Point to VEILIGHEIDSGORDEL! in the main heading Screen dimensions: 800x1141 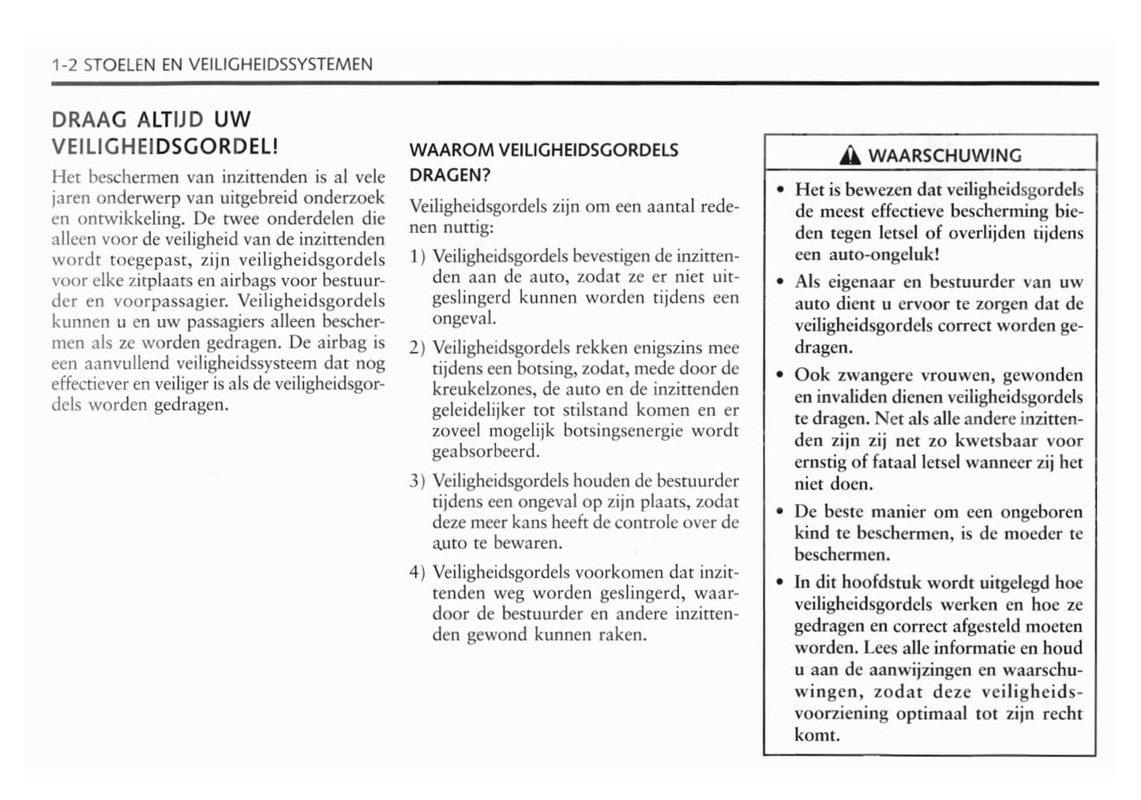(x=164, y=146)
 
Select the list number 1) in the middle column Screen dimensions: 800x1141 (x=418, y=257)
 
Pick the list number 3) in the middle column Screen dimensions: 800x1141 (x=418, y=481)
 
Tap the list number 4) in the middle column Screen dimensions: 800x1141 (x=418, y=573)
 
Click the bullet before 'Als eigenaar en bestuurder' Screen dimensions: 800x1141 (x=779, y=282)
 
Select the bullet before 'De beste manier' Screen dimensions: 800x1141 (x=779, y=512)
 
